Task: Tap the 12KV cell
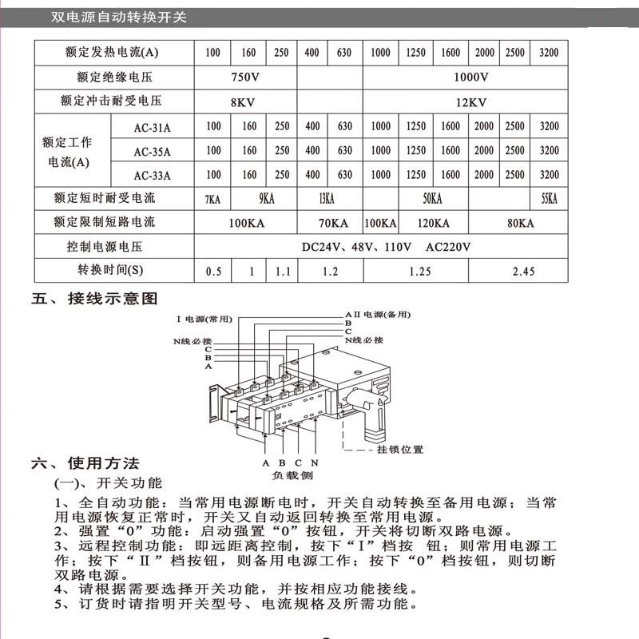[x=471, y=101]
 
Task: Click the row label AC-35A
[x=152, y=151]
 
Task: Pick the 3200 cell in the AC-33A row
[x=550, y=174]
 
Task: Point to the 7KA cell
[x=212, y=199]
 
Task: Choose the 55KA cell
[x=550, y=199]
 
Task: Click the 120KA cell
[x=432, y=223]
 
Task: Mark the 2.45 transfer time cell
[x=523, y=272]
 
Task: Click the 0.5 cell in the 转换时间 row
[x=213, y=272]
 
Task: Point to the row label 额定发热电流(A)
[x=112, y=53]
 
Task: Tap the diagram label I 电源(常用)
[x=204, y=319]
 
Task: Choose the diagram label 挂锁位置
[x=400, y=450]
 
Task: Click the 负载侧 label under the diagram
[x=292, y=475]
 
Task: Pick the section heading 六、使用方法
[x=85, y=463]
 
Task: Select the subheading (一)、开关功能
[x=108, y=483]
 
